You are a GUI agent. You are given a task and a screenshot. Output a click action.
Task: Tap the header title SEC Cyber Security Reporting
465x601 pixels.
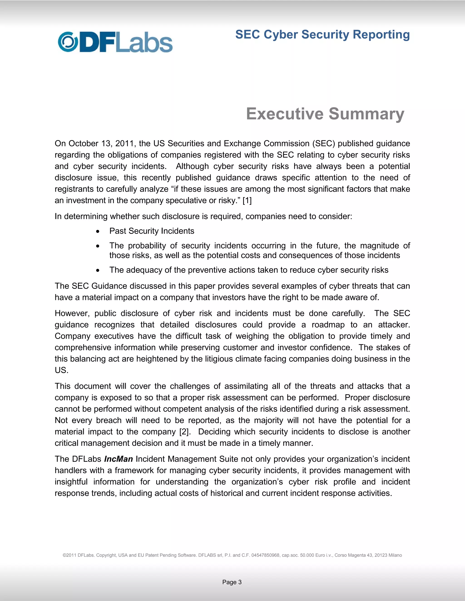click(322, 35)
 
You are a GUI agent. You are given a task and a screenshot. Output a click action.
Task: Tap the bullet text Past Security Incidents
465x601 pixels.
click(152, 231)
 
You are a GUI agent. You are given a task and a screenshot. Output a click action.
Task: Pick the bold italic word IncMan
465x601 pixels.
click(119, 459)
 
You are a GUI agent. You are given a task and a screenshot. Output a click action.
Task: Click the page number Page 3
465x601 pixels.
click(232, 582)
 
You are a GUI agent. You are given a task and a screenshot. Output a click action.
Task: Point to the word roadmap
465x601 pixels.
click(328, 325)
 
